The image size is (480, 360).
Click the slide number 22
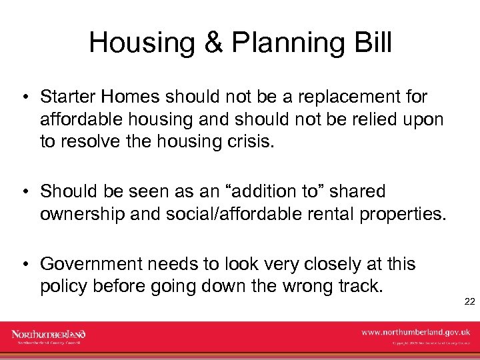pyautogui.click(x=469, y=301)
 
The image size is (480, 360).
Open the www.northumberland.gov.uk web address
pyautogui.click(x=415, y=331)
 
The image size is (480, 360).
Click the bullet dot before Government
pyautogui.click(x=24, y=265)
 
